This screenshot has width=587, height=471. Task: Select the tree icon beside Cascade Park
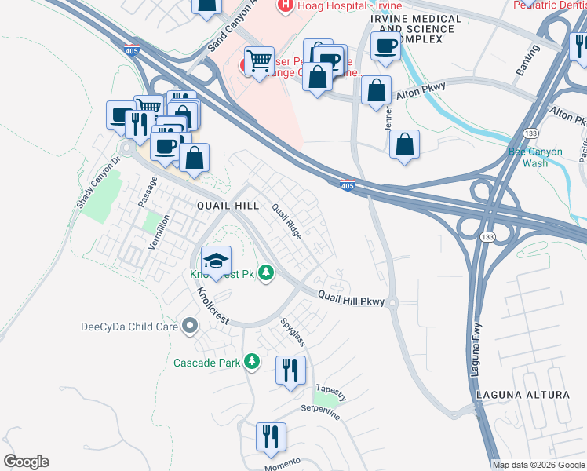click(x=252, y=362)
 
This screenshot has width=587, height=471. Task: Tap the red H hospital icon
click(x=287, y=5)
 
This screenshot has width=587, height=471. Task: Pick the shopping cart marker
click(x=258, y=60)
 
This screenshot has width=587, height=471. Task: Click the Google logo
click(x=26, y=462)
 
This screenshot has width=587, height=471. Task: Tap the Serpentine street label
click(x=320, y=413)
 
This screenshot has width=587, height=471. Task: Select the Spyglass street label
click(x=293, y=333)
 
